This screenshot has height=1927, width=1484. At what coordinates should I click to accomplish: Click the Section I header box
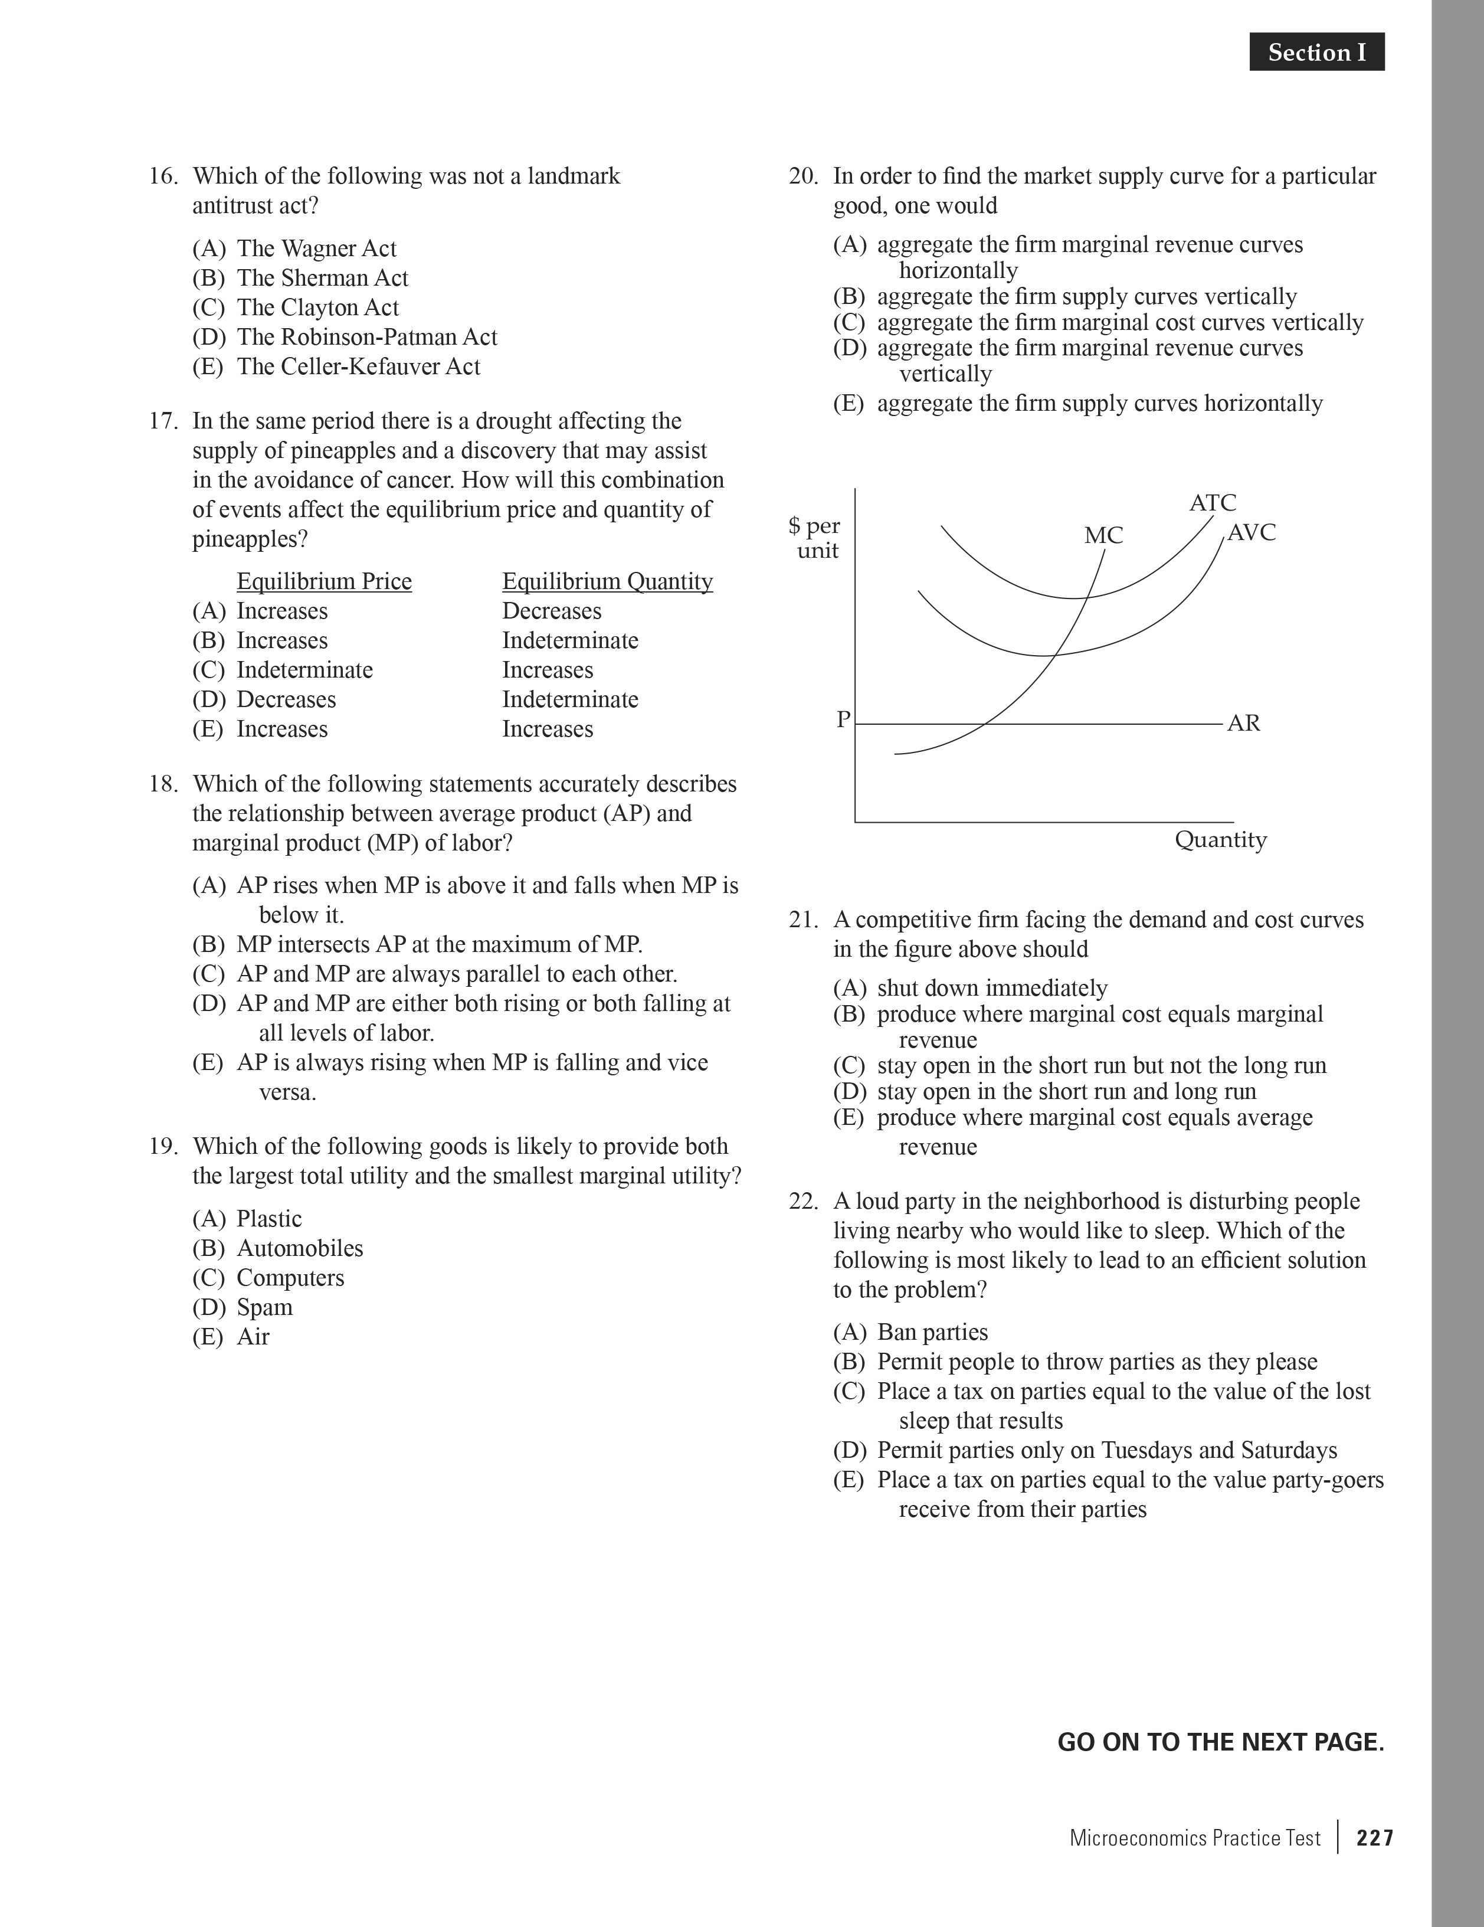pyautogui.click(x=1316, y=53)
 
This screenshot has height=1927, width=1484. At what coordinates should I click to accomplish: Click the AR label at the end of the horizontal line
pyautogui.click(x=1243, y=724)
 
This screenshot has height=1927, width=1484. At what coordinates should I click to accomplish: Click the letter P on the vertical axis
pyautogui.click(x=843, y=720)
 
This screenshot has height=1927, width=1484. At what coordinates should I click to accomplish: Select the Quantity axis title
pyautogui.click(x=1220, y=839)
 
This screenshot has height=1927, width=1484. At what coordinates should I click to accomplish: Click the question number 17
pyautogui.click(x=163, y=421)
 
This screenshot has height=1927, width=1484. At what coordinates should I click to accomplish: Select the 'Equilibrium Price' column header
pyautogui.click(x=324, y=581)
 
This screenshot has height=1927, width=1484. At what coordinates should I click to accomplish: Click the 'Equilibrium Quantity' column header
pyautogui.click(x=607, y=581)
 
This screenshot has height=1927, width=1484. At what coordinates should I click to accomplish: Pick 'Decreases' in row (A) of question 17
pyautogui.click(x=552, y=611)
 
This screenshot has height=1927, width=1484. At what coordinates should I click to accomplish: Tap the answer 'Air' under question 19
pyautogui.click(x=253, y=1337)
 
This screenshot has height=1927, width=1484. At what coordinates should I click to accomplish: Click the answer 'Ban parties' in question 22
pyautogui.click(x=932, y=1332)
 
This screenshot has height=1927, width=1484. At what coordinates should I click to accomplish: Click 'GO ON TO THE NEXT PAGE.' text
pyautogui.click(x=1220, y=1743)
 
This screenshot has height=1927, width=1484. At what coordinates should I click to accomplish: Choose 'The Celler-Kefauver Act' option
pyautogui.click(x=358, y=367)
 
